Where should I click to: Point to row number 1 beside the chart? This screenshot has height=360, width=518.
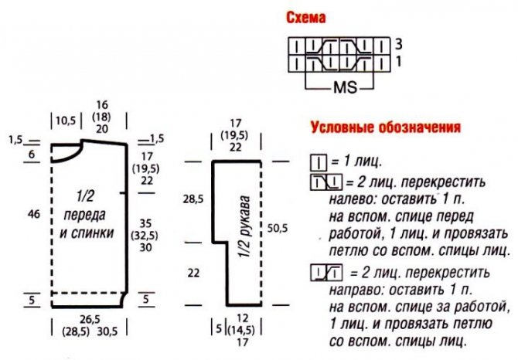(x=398, y=60)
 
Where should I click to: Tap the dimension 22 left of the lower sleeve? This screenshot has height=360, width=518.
(x=193, y=272)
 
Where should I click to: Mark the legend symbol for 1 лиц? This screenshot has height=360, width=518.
(x=318, y=164)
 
